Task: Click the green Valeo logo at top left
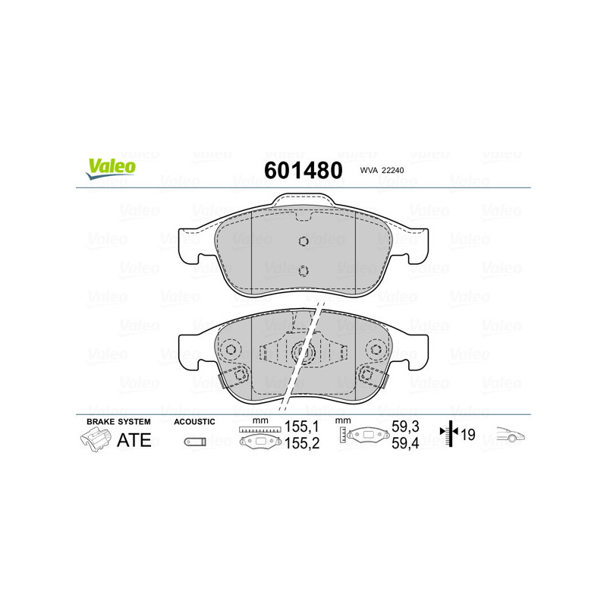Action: point(111,169)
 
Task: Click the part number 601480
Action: point(303,170)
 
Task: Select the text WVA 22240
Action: point(382,170)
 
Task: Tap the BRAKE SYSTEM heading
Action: point(118,422)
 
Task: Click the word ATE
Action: point(134,440)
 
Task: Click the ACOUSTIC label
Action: point(194,422)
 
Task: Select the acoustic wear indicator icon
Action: point(195,442)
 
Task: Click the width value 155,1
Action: point(301,426)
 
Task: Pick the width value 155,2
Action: point(302,444)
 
